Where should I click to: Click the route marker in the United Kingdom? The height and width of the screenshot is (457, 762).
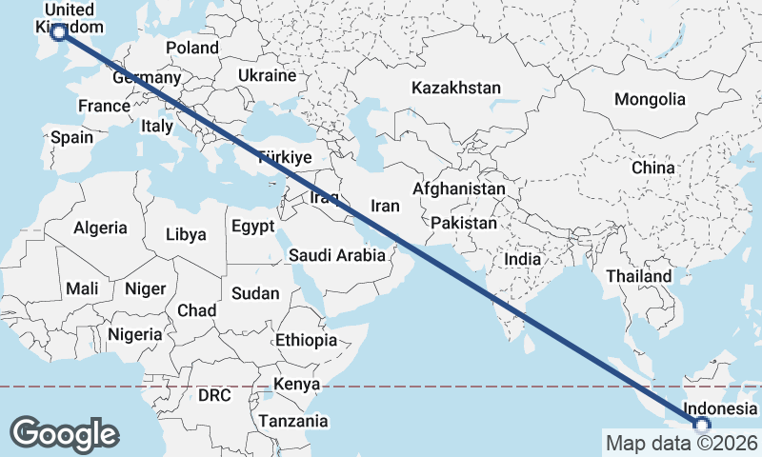click(x=59, y=32)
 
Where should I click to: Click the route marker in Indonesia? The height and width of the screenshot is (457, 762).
click(x=702, y=426)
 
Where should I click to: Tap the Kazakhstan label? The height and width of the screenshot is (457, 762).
click(x=455, y=88)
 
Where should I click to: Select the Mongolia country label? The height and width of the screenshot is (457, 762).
click(x=650, y=99)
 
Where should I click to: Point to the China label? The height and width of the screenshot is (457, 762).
click(x=652, y=167)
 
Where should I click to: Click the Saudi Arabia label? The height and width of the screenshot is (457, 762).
click(x=337, y=255)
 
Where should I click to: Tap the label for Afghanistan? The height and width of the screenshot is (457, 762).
click(x=458, y=189)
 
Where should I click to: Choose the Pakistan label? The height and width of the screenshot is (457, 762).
click(x=464, y=223)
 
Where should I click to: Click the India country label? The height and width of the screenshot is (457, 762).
click(x=522, y=258)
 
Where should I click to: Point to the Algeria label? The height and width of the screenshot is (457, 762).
click(x=100, y=228)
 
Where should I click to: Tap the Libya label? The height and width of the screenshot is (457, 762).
click(x=185, y=233)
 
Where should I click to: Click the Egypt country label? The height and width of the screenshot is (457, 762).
click(x=252, y=227)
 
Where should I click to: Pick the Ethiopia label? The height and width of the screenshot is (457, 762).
click(x=306, y=340)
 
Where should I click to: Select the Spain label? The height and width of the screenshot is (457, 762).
click(x=72, y=137)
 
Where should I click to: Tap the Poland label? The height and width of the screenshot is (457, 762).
click(x=191, y=48)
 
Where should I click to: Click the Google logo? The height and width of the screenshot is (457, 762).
click(x=65, y=434)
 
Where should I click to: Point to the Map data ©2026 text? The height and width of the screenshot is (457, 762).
click(x=682, y=443)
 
